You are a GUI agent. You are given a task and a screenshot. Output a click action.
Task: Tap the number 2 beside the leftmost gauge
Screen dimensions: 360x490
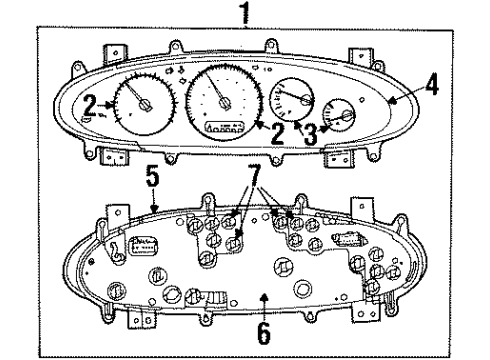click(90, 104)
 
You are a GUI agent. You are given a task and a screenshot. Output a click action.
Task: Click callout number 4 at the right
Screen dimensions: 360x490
click(431, 87)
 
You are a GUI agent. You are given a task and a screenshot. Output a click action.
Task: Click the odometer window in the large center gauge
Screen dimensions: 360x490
click(224, 130)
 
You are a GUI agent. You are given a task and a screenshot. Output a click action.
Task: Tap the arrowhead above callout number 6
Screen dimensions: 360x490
click(261, 297)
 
